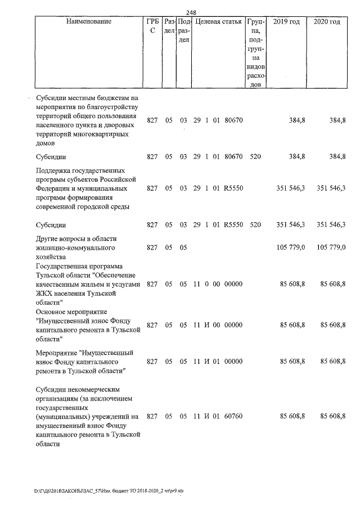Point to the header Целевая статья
click(x=218, y=21)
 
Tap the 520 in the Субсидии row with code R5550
click(x=255, y=225)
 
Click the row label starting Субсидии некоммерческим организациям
click(x=87, y=416)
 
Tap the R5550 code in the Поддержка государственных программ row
click(x=233, y=188)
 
